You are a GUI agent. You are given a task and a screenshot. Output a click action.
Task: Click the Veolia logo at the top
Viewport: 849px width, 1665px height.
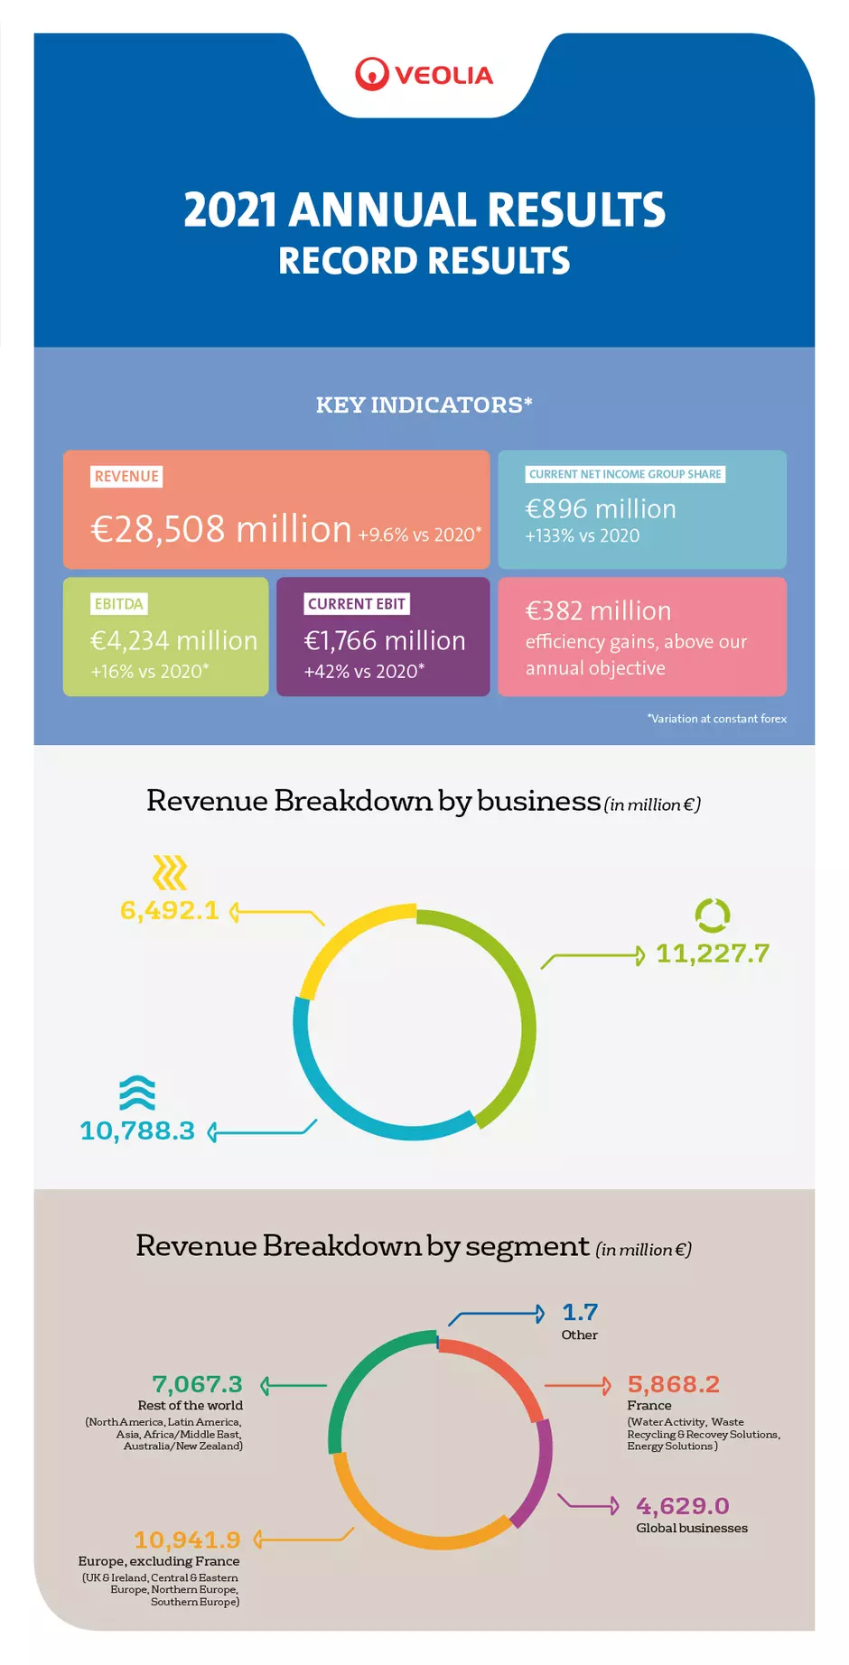[x=424, y=75]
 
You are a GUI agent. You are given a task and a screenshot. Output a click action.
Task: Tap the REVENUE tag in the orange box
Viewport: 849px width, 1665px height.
[x=126, y=476]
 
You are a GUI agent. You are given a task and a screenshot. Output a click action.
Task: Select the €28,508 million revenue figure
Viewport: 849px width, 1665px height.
[x=221, y=529]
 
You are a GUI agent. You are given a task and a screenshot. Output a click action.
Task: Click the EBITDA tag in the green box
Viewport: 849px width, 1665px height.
[x=118, y=603]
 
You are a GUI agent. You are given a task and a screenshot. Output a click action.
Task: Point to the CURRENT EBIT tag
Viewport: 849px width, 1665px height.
[x=356, y=603]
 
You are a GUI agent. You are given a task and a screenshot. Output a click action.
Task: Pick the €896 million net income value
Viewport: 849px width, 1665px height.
[x=601, y=508]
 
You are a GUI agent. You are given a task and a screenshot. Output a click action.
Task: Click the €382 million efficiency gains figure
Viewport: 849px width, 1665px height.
[x=598, y=611]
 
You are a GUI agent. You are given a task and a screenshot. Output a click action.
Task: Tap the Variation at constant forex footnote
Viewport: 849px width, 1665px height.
[x=716, y=719]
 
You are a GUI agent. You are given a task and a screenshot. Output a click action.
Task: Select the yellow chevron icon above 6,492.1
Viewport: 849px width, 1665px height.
[x=169, y=872]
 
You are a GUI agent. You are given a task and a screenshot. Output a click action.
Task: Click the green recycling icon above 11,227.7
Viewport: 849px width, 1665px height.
[x=712, y=915]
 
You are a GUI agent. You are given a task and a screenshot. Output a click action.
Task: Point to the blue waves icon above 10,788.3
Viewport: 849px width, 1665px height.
[x=137, y=1093]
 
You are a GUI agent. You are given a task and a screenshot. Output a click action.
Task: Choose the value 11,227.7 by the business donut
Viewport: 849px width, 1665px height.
[x=712, y=953]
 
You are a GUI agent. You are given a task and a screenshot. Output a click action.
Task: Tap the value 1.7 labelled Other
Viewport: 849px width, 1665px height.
[x=580, y=1312]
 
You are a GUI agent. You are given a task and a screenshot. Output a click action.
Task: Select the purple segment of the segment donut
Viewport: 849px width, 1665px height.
[x=538, y=1472]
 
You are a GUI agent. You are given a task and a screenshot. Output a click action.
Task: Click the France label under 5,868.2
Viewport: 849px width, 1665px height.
[x=649, y=1405]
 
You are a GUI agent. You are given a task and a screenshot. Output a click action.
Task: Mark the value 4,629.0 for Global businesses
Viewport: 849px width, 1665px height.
[x=682, y=1506]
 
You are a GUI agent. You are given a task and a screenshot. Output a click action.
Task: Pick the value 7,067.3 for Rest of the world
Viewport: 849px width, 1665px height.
[x=197, y=1384]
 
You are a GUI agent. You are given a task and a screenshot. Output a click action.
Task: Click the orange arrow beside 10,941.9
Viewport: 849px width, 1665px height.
[x=303, y=1539]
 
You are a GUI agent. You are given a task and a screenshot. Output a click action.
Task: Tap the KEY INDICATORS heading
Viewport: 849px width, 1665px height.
[x=424, y=405]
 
